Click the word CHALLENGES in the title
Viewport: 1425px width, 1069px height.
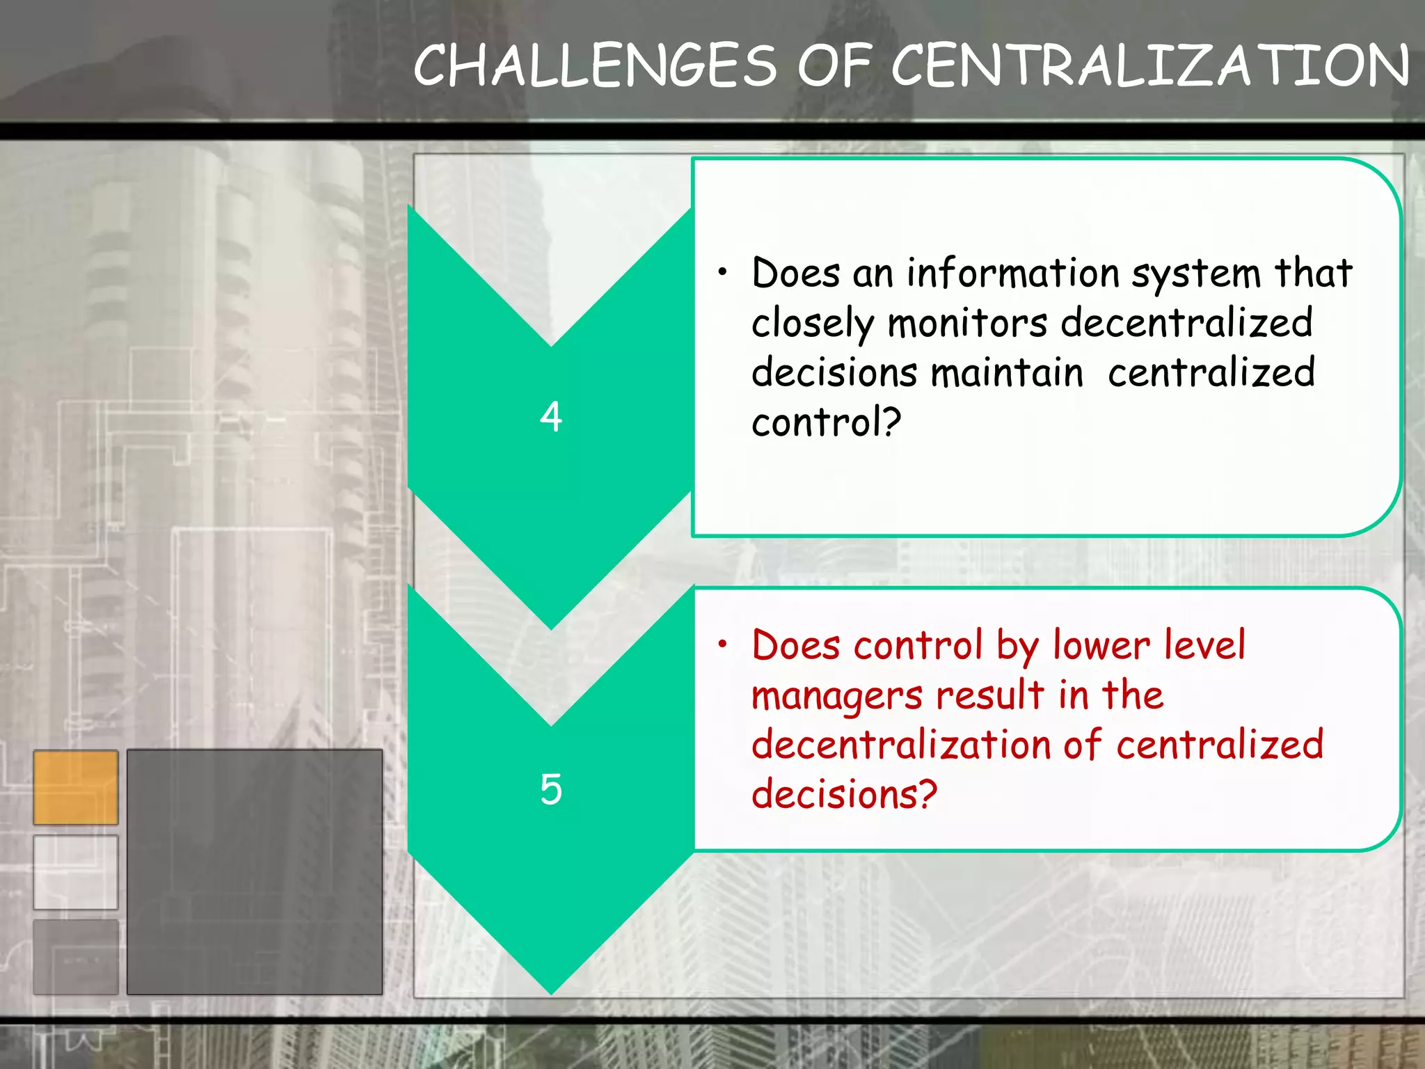595,66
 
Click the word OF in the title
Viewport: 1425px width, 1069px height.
834,66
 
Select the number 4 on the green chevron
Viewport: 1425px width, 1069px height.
551,417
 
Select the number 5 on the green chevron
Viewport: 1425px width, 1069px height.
551,789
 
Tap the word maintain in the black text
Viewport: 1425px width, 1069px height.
1008,372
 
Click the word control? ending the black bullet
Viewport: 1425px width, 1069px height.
827,422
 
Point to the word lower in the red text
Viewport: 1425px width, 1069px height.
1101,645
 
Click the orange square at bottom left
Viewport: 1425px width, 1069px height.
76,787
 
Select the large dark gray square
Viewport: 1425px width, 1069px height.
255,871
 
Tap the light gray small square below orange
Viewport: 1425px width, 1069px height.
76,872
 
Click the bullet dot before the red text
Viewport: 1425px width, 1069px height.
723,644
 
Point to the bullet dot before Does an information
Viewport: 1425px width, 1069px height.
723,272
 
